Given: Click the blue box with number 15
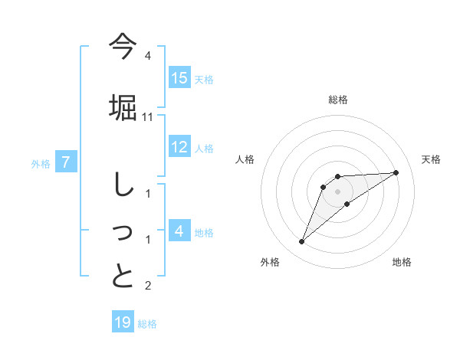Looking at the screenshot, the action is point(179,78).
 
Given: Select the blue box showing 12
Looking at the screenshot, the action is point(179,148).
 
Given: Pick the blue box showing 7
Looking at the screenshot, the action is point(67,162).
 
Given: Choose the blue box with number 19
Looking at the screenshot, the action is point(123,322).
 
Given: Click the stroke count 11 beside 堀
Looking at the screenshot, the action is point(148,117).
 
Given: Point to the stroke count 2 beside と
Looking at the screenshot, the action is point(148,286).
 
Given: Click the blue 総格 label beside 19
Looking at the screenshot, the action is point(147,324).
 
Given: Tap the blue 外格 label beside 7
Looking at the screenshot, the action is point(41,163).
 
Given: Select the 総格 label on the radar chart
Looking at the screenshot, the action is point(338,100).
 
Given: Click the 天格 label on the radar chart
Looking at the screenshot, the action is point(432,159).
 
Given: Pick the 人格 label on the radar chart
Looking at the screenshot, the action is point(245,159).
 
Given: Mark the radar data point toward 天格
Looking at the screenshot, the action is point(396,172).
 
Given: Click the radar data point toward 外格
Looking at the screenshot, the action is point(302,242).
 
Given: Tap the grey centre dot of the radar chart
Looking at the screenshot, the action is point(338,191).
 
